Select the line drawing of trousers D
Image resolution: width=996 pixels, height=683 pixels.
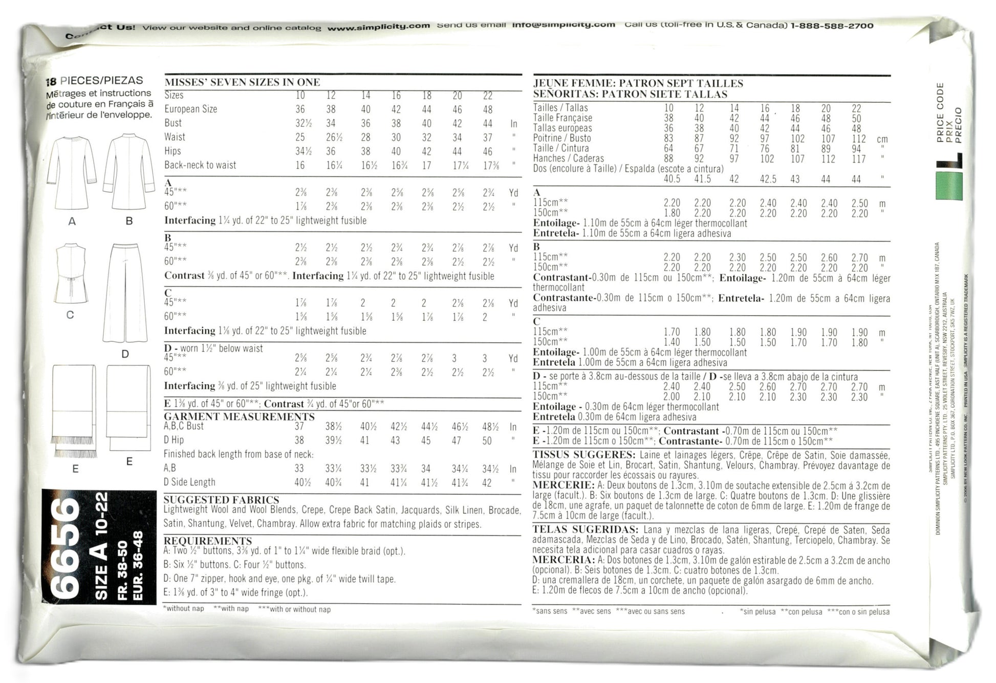click(x=125, y=293)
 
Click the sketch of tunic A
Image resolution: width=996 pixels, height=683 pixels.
click(x=72, y=172)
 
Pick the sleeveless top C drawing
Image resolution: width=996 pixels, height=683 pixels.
click(x=71, y=274)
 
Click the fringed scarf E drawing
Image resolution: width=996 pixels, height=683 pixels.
click(x=74, y=409)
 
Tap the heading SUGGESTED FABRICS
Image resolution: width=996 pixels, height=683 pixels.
click(x=221, y=500)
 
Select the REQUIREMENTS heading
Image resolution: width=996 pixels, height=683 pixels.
click(x=208, y=541)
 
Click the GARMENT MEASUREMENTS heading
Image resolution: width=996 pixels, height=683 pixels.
click(x=239, y=416)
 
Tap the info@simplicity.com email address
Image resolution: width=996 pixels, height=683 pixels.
click(x=563, y=25)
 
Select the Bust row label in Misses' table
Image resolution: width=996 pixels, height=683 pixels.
click(x=173, y=123)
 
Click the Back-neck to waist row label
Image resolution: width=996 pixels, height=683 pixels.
click(x=200, y=165)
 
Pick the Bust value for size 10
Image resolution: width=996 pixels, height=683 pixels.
click(x=300, y=123)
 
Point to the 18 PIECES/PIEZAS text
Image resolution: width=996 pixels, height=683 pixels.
click(x=95, y=81)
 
